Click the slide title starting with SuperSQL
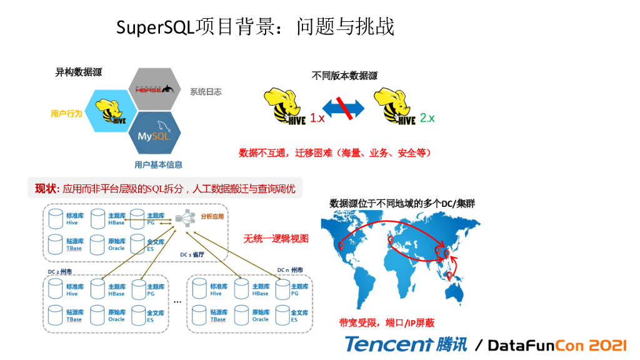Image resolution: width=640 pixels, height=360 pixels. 256,27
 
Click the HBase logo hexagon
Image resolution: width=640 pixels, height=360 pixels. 154,90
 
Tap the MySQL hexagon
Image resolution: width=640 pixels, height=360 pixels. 154,134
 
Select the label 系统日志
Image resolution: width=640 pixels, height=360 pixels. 206,92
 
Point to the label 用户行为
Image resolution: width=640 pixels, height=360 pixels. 66,114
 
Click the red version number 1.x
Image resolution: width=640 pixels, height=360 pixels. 317,118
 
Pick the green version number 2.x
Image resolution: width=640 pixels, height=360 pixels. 427,117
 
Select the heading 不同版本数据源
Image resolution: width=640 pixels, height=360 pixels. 345,76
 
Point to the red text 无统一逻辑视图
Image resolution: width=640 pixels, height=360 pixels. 276,239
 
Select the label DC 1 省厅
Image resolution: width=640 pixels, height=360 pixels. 193,254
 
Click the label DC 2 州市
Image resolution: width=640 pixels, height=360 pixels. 61,272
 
